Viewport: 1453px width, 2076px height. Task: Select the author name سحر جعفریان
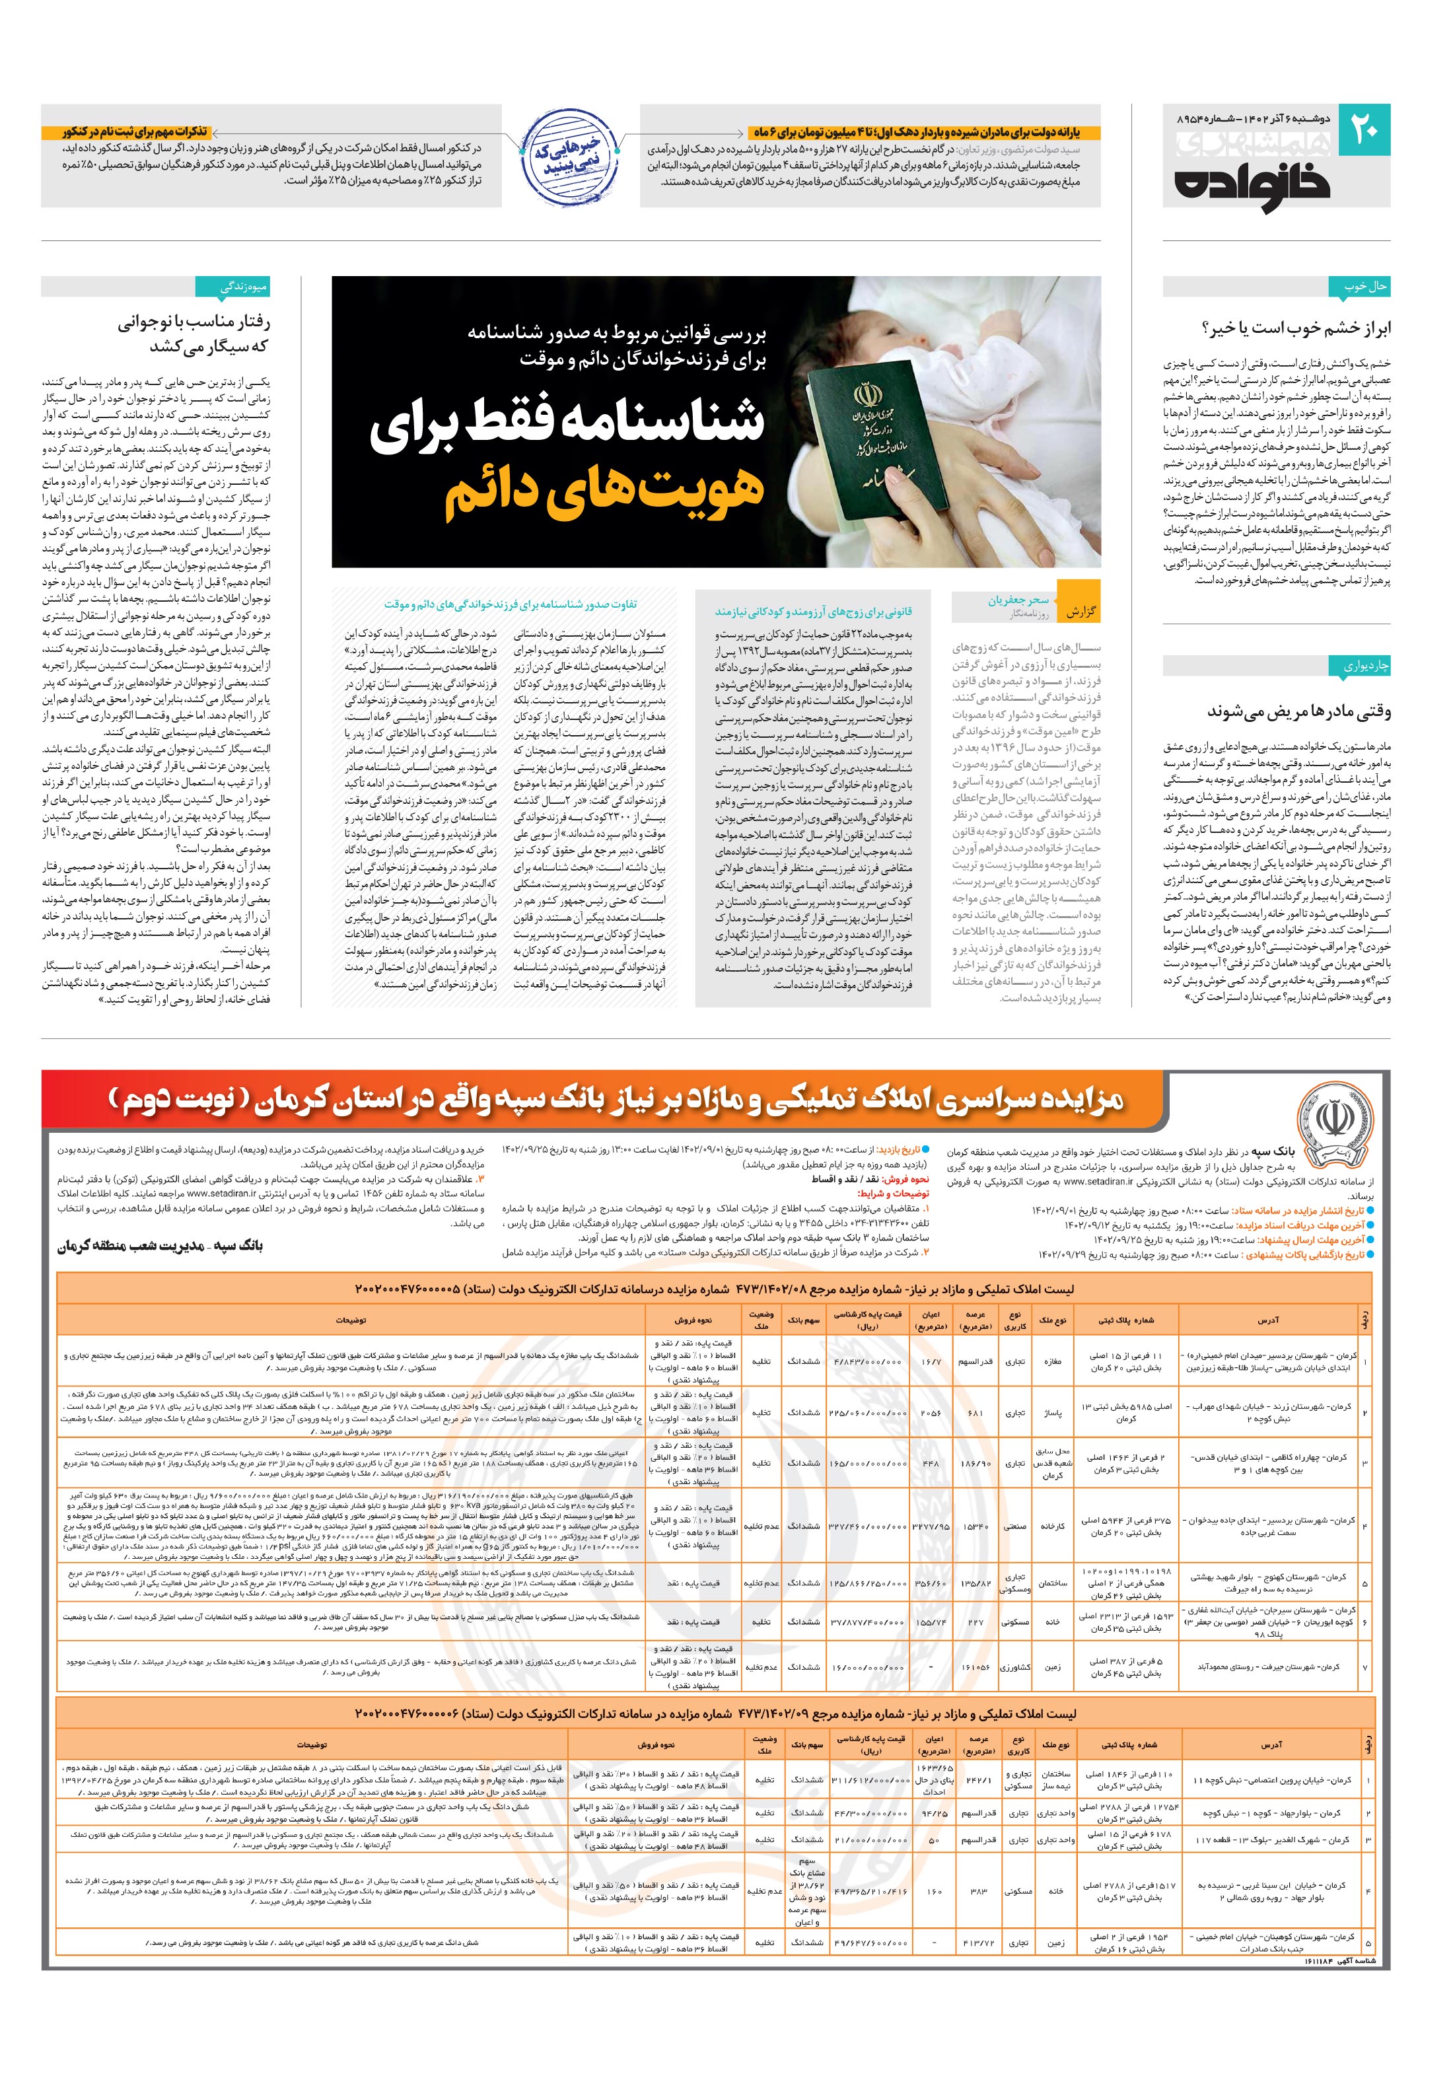click(1018, 600)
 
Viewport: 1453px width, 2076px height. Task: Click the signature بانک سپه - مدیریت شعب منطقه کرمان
click(160, 1246)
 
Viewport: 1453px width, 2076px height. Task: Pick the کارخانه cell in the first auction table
click(1053, 1527)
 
